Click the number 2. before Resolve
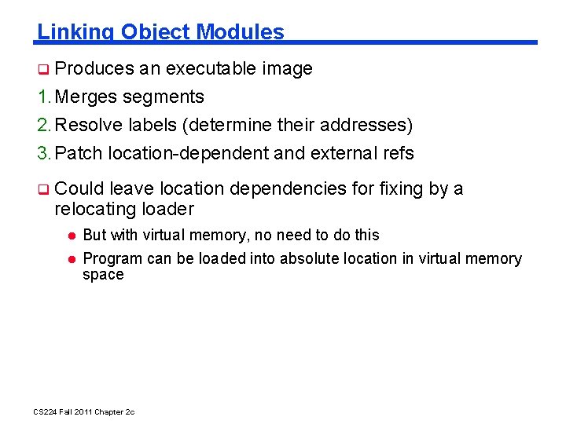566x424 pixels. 44,126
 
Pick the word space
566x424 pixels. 103,275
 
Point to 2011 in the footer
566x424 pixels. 81,412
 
